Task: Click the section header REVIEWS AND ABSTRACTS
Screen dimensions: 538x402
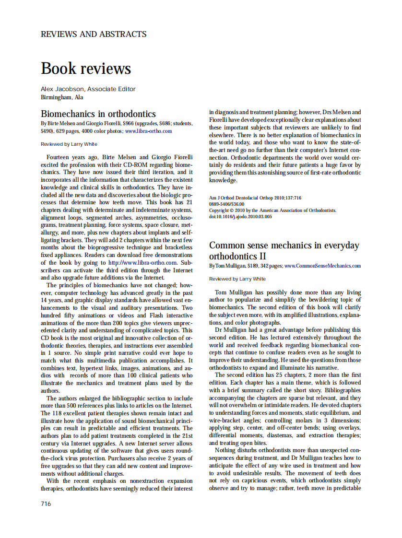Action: coord(94,34)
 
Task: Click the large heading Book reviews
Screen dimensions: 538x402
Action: coord(86,68)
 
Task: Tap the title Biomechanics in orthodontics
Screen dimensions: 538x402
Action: coord(98,114)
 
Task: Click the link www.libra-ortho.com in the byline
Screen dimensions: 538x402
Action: coord(148,130)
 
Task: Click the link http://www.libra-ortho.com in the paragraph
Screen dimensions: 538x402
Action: coord(142,263)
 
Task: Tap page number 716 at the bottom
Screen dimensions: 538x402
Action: coord(46,503)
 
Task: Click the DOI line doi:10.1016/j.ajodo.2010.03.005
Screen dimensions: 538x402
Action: coord(240,216)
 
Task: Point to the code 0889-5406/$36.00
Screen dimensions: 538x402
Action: coord(226,204)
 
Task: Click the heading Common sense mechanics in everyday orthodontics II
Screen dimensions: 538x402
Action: coord(284,250)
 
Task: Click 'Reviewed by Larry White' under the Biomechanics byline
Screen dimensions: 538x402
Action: coord(69,144)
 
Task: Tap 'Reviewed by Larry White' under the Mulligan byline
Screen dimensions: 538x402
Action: coord(237,279)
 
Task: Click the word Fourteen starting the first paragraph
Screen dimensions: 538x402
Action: coord(59,157)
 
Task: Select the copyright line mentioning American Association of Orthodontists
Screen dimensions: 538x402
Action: coord(272,210)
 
